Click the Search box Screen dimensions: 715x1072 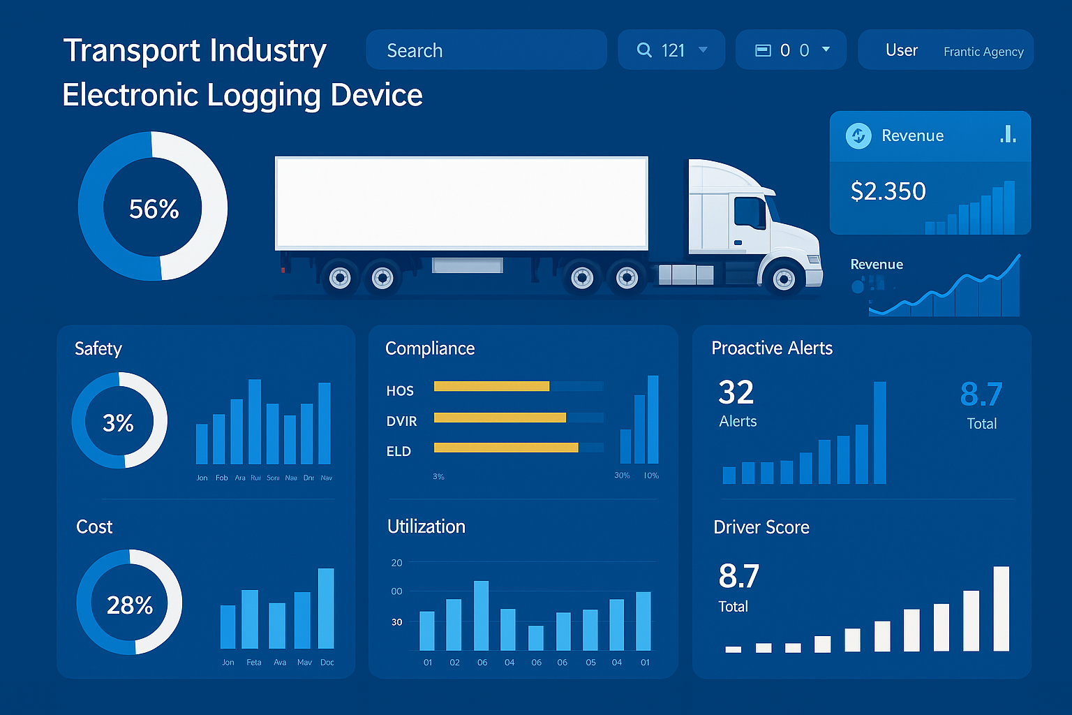pyautogui.click(x=486, y=50)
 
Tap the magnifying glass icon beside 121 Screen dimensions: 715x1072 pyautogui.click(x=644, y=50)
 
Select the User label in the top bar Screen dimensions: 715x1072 pyautogui.click(x=901, y=50)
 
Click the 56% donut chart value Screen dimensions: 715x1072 pyautogui.click(x=154, y=209)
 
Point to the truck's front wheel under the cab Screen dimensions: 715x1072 pyautogui.click(x=784, y=279)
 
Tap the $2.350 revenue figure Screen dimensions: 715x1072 pyautogui.click(x=888, y=191)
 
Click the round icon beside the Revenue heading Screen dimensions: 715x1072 pyautogui.click(x=858, y=135)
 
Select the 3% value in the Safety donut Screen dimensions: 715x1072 pyautogui.click(x=118, y=422)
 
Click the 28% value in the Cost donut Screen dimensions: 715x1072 pyautogui.click(x=130, y=605)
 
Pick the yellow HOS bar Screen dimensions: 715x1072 pyautogui.click(x=491, y=386)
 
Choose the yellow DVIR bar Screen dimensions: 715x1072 pyautogui.click(x=500, y=418)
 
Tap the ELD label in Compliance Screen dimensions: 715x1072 pyautogui.click(x=399, y=451)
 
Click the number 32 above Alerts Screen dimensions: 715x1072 pyautogui.click(x=736, y=392)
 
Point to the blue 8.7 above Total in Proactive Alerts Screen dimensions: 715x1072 pyautogui.click(x=981, y=395)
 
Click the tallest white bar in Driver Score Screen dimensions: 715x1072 pyautogui.click(x=1001, y=608)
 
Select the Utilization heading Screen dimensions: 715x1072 pyautogui.click(x=426, y=526)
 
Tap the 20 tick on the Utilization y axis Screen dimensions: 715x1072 pyautogui.click(x=396, y=563)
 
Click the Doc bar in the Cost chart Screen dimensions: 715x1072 pyautogui.click(x=326, y=608)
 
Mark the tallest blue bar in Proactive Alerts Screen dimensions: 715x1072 pyautogui.click(x=879, y=432)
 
